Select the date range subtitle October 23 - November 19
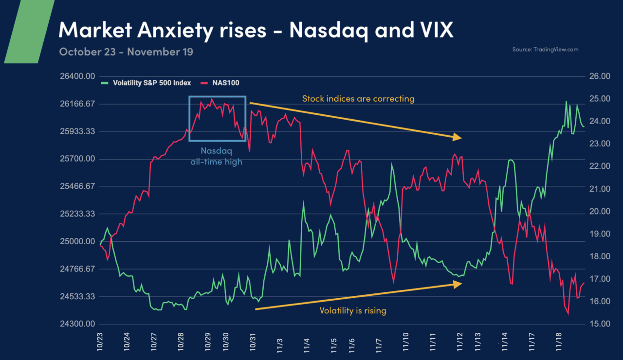point(126,52)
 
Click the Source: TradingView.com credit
point(545,50)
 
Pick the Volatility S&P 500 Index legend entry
point(151,83)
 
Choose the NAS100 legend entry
point(225,83)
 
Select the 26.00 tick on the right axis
point(600,76)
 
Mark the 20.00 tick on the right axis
point(600,212)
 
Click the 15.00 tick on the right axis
point(600,324)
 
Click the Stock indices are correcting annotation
point(358,99)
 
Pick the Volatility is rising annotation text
point(352,310)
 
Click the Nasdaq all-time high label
point(216,157)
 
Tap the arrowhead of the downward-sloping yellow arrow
point(457,138)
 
